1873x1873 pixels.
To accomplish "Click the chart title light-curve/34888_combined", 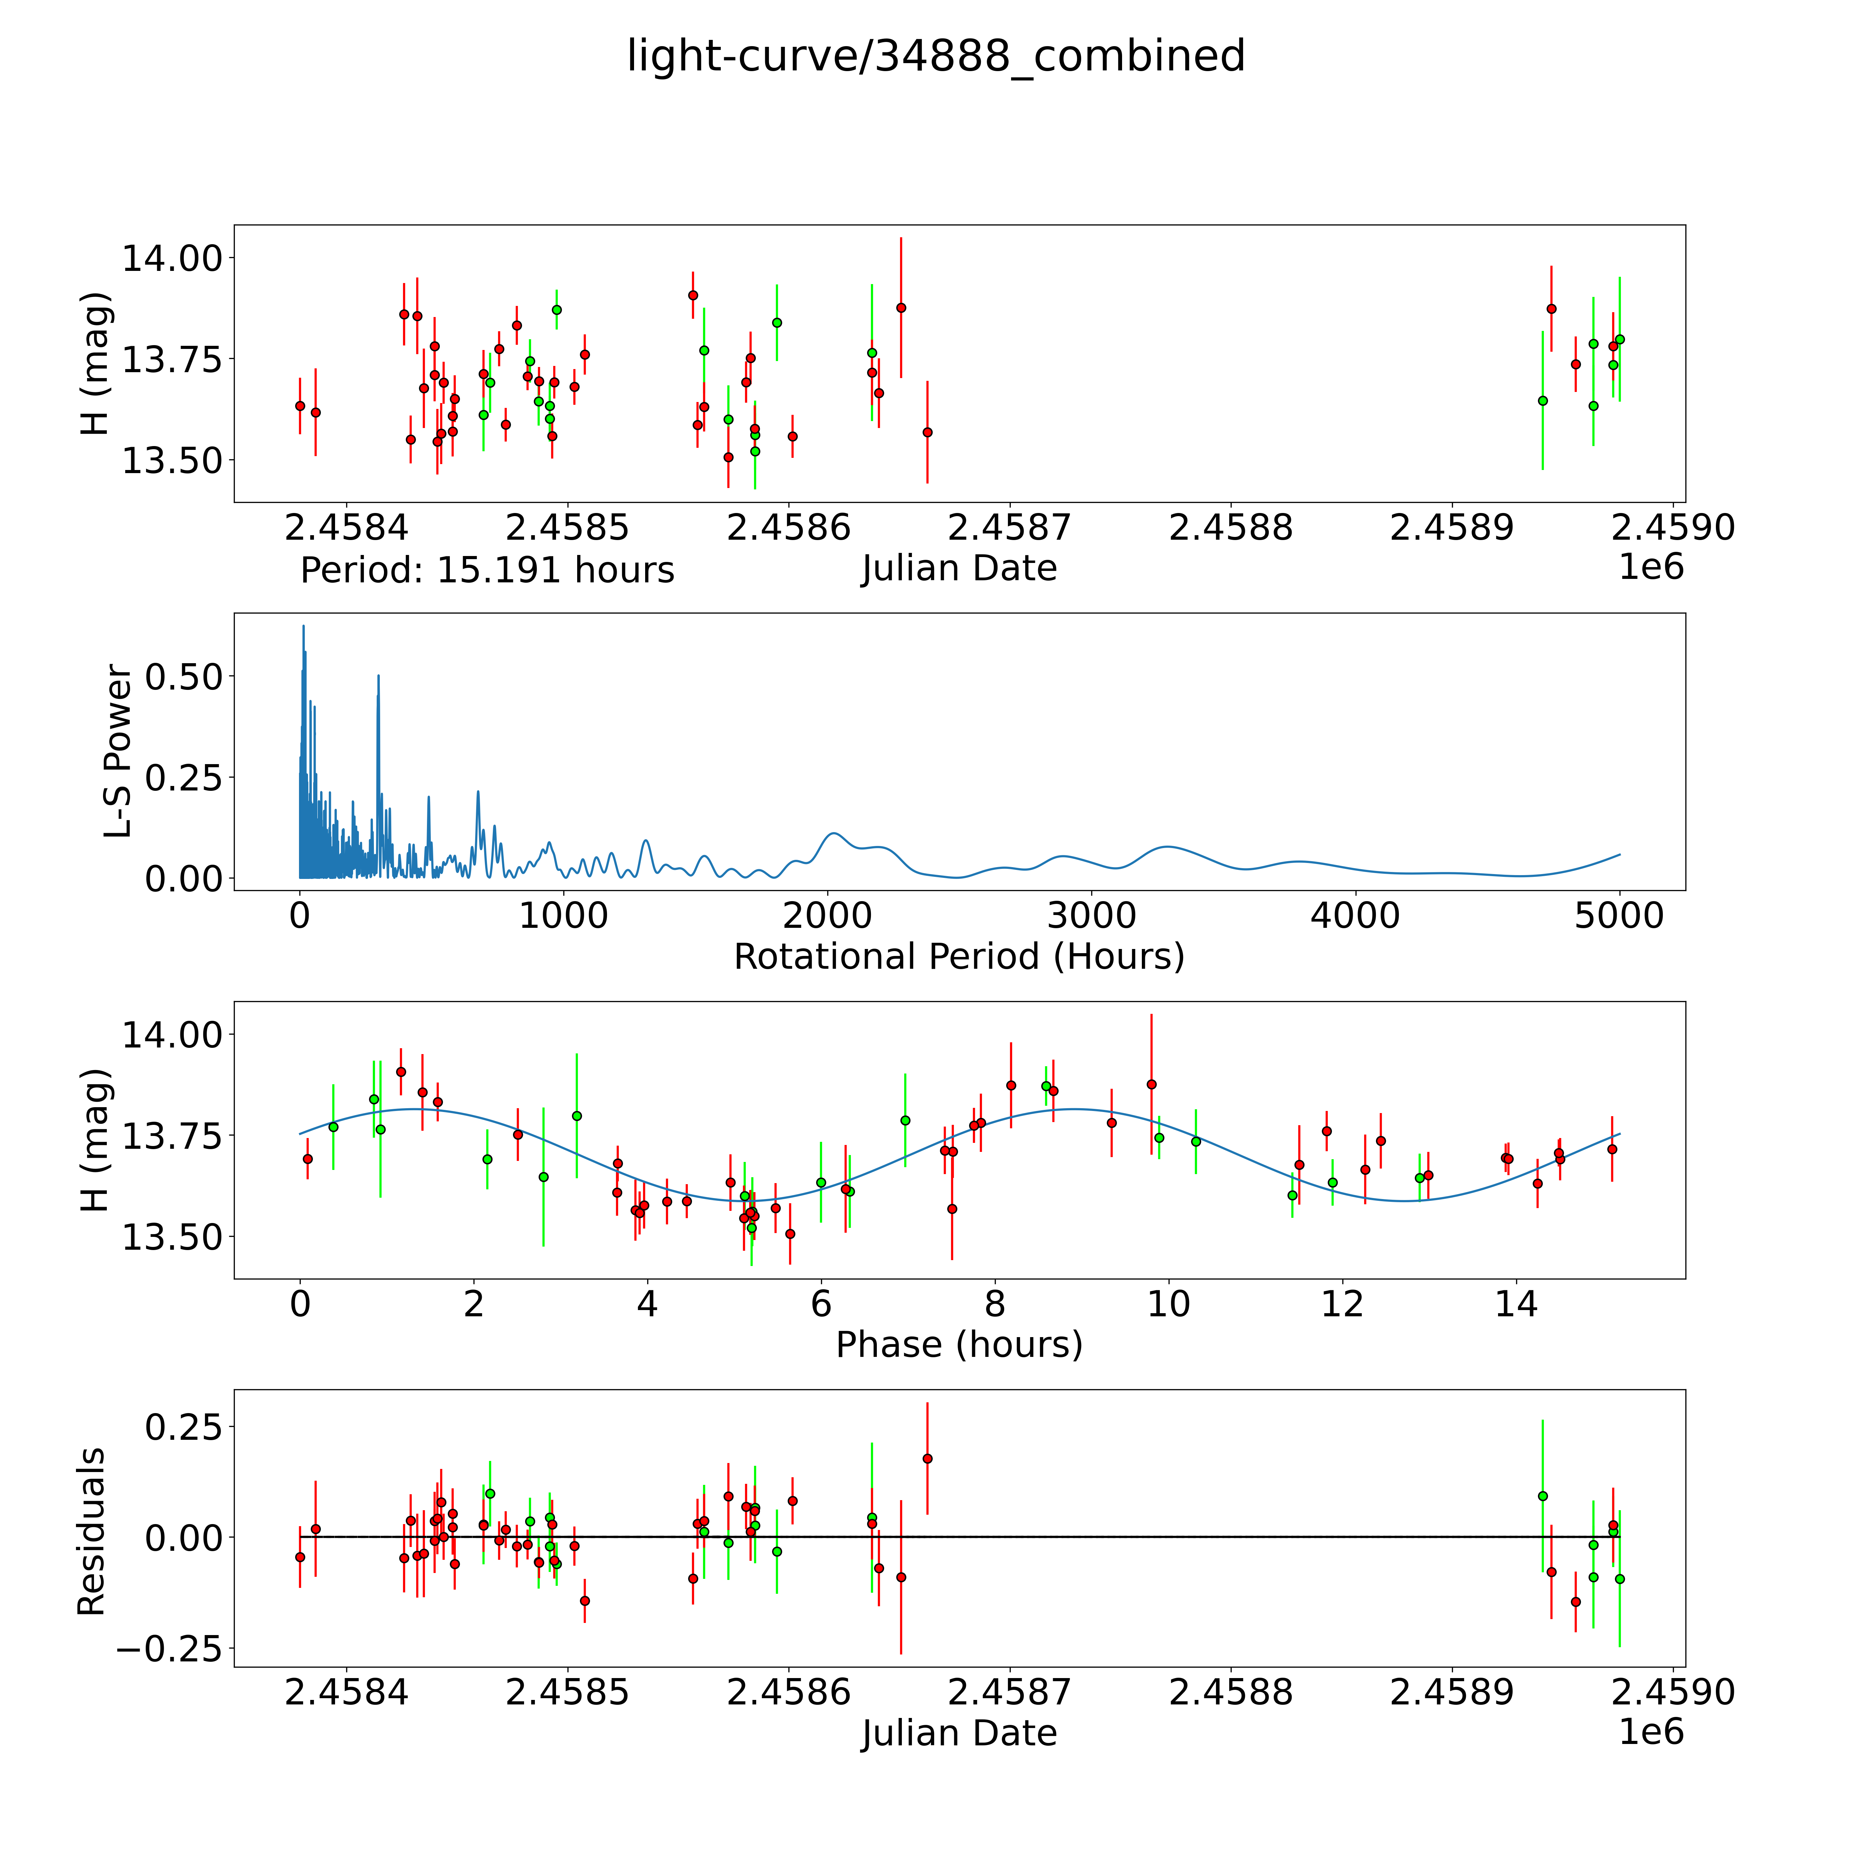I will [x=935, y=56].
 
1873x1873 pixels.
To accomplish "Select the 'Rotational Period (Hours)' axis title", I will [x=959, y=957].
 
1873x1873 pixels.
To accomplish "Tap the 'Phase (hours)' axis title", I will [x=959, y=1345].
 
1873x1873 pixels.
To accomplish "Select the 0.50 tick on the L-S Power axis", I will [x=184, y=677].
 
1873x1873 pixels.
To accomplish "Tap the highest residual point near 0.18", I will [x=927, y=1458].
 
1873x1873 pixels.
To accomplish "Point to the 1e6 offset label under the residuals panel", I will [x=1651, y=1731].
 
